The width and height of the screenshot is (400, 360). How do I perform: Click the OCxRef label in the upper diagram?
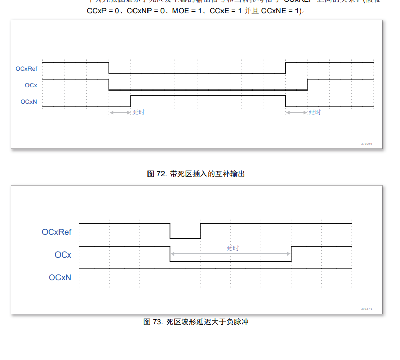pos(26,68)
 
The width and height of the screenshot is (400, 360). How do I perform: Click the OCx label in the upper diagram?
pos(31,85)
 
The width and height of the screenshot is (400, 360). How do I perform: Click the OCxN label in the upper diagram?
pos(28,102)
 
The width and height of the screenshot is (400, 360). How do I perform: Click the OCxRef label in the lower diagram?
pos(56,232)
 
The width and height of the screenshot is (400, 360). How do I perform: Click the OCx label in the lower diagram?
pos(63,255)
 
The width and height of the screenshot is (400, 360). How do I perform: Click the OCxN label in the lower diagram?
pos(60,278)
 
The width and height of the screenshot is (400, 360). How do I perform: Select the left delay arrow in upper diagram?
pos(120,112)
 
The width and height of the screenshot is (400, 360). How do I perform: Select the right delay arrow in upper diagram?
pos(297,112)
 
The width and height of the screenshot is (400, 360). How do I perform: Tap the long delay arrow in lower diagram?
pos(230,254)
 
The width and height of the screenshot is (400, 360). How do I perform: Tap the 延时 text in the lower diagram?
pos(233,248)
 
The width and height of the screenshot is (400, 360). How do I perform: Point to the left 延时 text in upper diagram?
pos(139,112)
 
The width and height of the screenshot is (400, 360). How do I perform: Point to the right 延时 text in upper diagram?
pos(315,112)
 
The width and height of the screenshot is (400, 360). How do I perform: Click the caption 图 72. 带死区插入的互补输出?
pos(196,174)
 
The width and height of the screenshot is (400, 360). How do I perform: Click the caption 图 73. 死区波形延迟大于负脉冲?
pos(196,322)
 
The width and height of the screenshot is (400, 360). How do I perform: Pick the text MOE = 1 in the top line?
pos(189,11)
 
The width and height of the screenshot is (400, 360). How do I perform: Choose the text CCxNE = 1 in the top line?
pos(280,11)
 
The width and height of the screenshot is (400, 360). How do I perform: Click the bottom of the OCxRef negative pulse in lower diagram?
pos(185,238)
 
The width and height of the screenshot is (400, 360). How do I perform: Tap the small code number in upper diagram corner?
pos(366,144)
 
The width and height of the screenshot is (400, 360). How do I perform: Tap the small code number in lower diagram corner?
pos(366,309)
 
